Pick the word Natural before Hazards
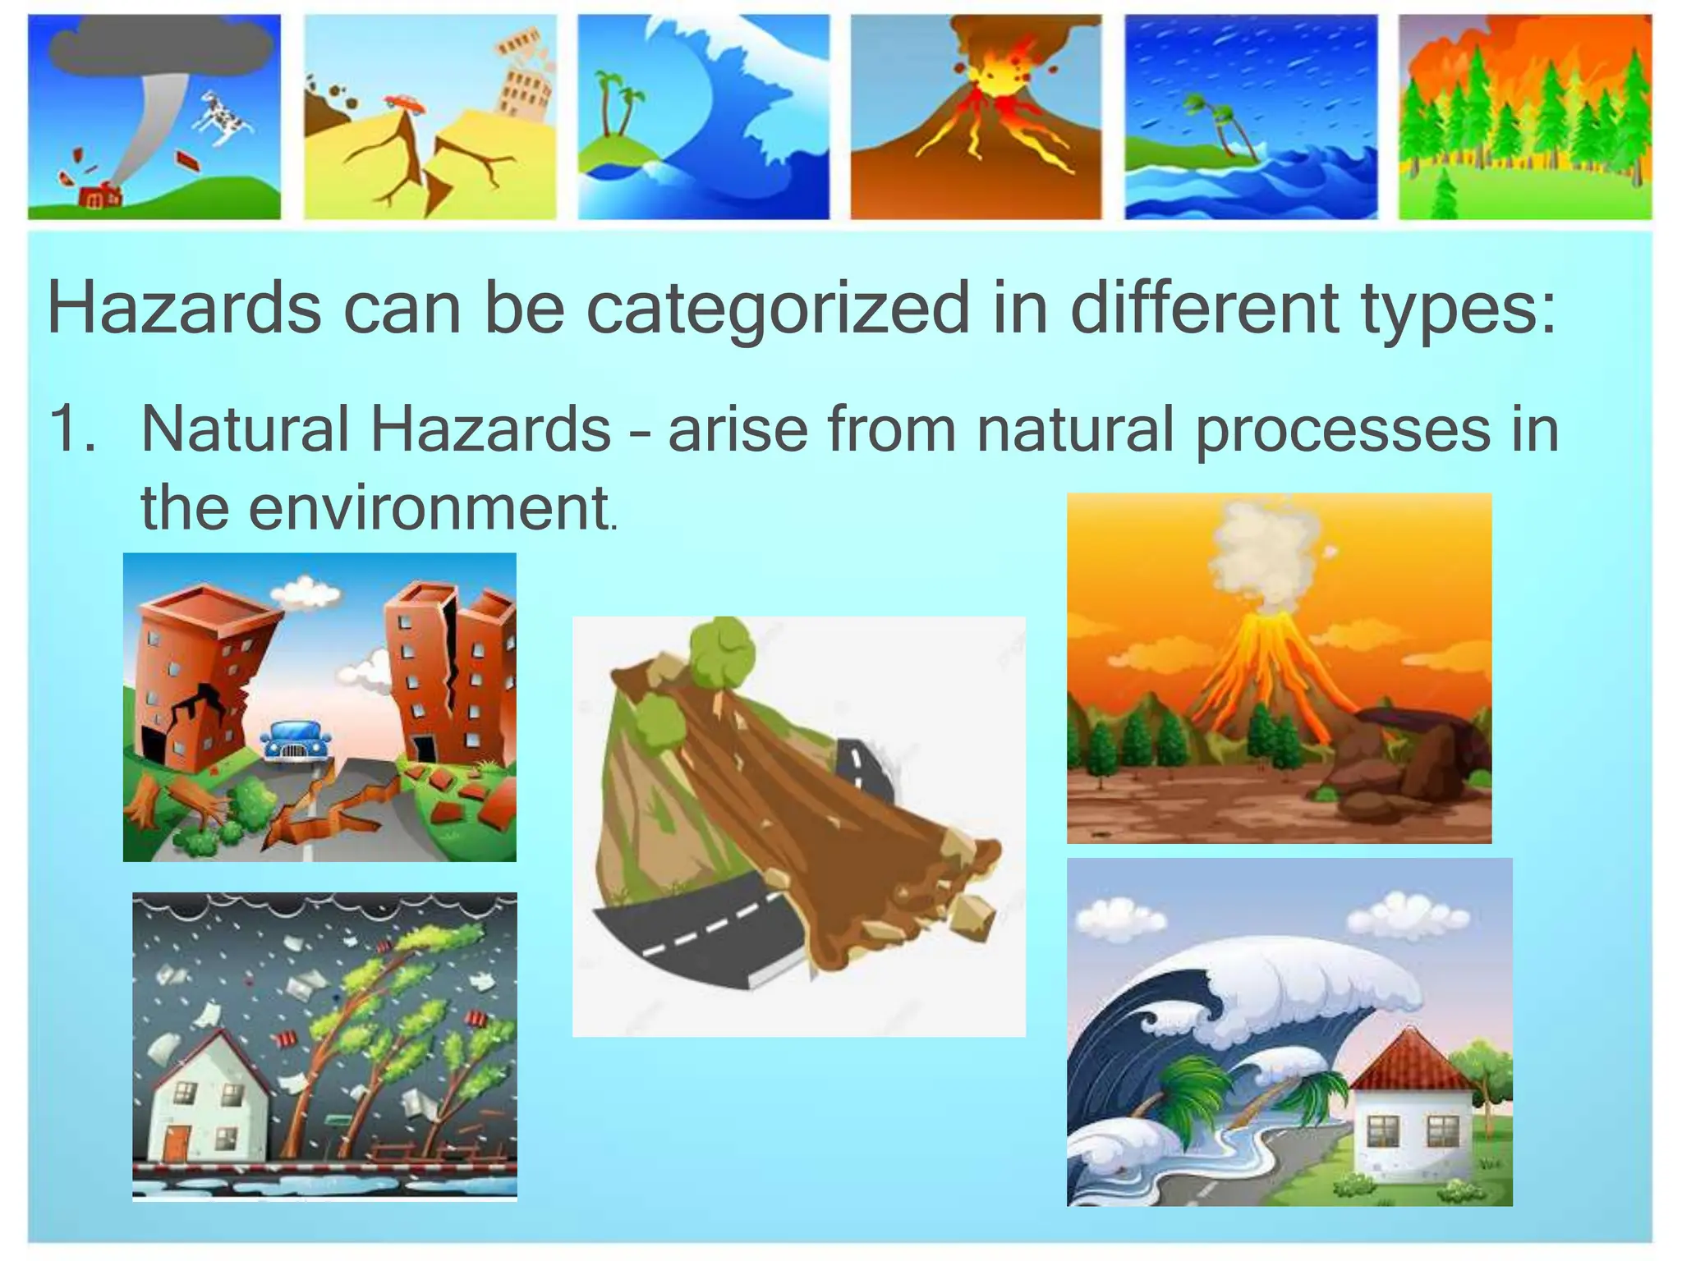pos(245,429)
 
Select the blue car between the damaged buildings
pos(296,741)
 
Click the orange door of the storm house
pos(176,1143)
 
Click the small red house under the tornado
pos(99,197)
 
